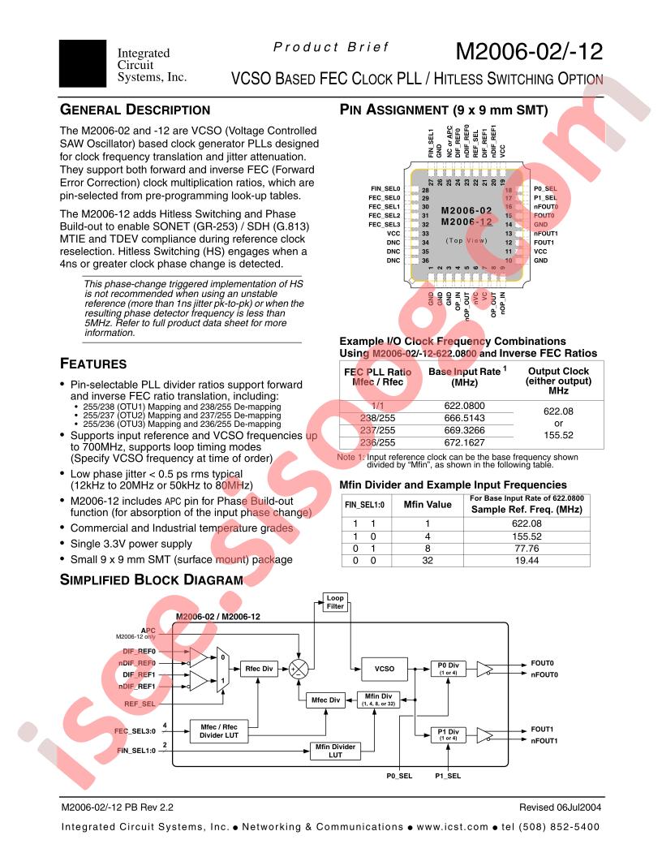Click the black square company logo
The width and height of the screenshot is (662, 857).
pos(83,61)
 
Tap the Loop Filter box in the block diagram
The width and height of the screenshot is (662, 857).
pos(335,602)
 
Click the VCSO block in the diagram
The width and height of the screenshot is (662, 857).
pos(385,669)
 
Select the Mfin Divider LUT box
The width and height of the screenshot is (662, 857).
pos(334,751)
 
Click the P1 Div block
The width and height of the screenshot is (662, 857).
pos(448,734)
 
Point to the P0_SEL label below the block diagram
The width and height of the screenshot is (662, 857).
pos(399,777)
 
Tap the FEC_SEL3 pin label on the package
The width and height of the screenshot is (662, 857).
pos(385,224)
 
